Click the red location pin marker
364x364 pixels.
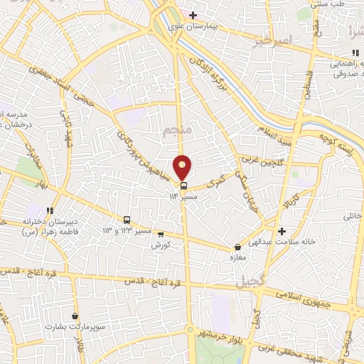pos(183,168)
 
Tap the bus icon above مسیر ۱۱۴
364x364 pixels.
pos(184,185)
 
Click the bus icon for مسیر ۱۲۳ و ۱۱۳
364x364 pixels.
pos(127,220)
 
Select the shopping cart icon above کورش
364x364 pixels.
pos(160,234)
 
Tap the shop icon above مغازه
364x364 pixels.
pos(237,247)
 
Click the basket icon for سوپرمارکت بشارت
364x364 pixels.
pos(75,316)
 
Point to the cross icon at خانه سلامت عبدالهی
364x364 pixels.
pos(282,231)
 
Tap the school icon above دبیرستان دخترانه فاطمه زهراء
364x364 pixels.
pos(49,210)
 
